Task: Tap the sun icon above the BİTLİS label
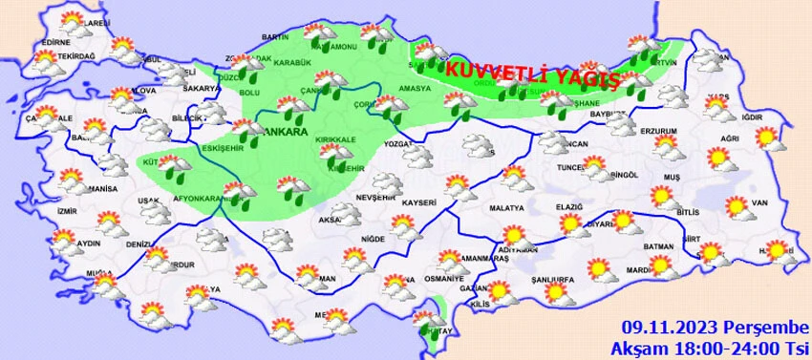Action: (x=661, y=197)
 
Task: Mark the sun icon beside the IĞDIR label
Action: (x=765, y=138)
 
